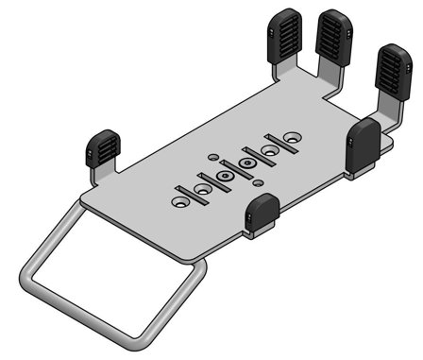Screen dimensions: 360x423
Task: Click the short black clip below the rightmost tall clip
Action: coord(363,145)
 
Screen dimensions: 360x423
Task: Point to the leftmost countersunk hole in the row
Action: coord(179,200)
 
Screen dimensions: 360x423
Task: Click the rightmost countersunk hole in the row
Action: coord(293,139)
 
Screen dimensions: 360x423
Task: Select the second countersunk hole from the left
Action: coord(202,188)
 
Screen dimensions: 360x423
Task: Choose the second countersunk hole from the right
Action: coord(271,150)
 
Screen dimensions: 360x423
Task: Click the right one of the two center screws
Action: coord(247,163)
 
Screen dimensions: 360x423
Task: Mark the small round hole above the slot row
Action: coord(214,156)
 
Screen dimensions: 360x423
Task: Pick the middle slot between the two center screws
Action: coord(236,169)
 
